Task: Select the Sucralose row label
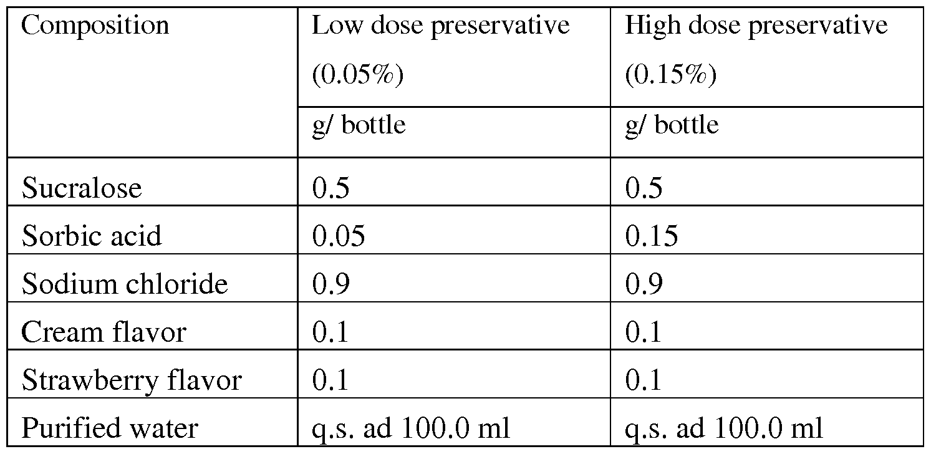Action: pyautogui.click(x=82, y=188)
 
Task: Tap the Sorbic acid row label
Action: pyautogui.click(x=92, y=236)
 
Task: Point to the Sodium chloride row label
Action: pyautogui.click(x=125, y=284)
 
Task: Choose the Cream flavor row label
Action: pyautogui.click(x=104, y=332)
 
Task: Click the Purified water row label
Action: pyautogui.click(x=110, y=428)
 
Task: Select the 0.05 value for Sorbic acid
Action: pyautogui.click(x=339, y=236)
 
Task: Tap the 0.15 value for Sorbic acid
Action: pyautogui.click(x=651, y=236)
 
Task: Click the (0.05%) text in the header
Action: pyautogui.click(x=358, y=75)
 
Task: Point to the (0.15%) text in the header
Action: pyautogui.click(x=671, y=75)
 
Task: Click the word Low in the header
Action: pyautogui.click(x=337, y=25)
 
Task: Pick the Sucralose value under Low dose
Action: pyautogui.click(x=330, y=188)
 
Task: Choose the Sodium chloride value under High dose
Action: pyautogui.click(x=644, y=284)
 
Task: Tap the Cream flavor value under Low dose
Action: pyautogui.click(x=330, y=332)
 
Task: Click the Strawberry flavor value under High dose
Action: pyautogui.click(x=643, y=380)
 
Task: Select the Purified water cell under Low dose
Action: pyautogui.click(x=411, y=428)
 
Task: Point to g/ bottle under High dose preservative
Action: pyautogui.click(x=672, y=125)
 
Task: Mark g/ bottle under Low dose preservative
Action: pyautogui.click(x=359, y=125)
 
